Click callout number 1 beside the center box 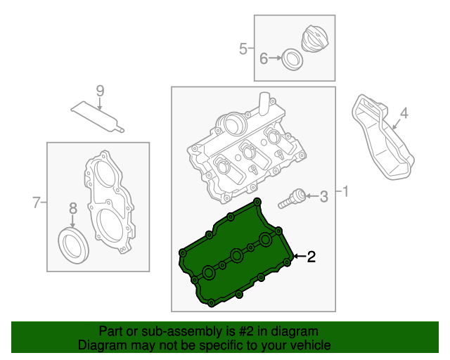pyautogui.click(x=345, y=191)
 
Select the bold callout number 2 pyautogui.click(x=311, y=257)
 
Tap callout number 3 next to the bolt pyautogui.click(x=323, y=196)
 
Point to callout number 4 pyautogui.click(x=404, y=112)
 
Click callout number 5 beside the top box pyautogui.click(x=243, y=49)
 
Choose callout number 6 pyautogui.click(x=264, y=58)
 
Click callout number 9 pyautogui.click(x=99, y=90)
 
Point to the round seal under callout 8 pyautogui.click(x=73, y=243)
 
